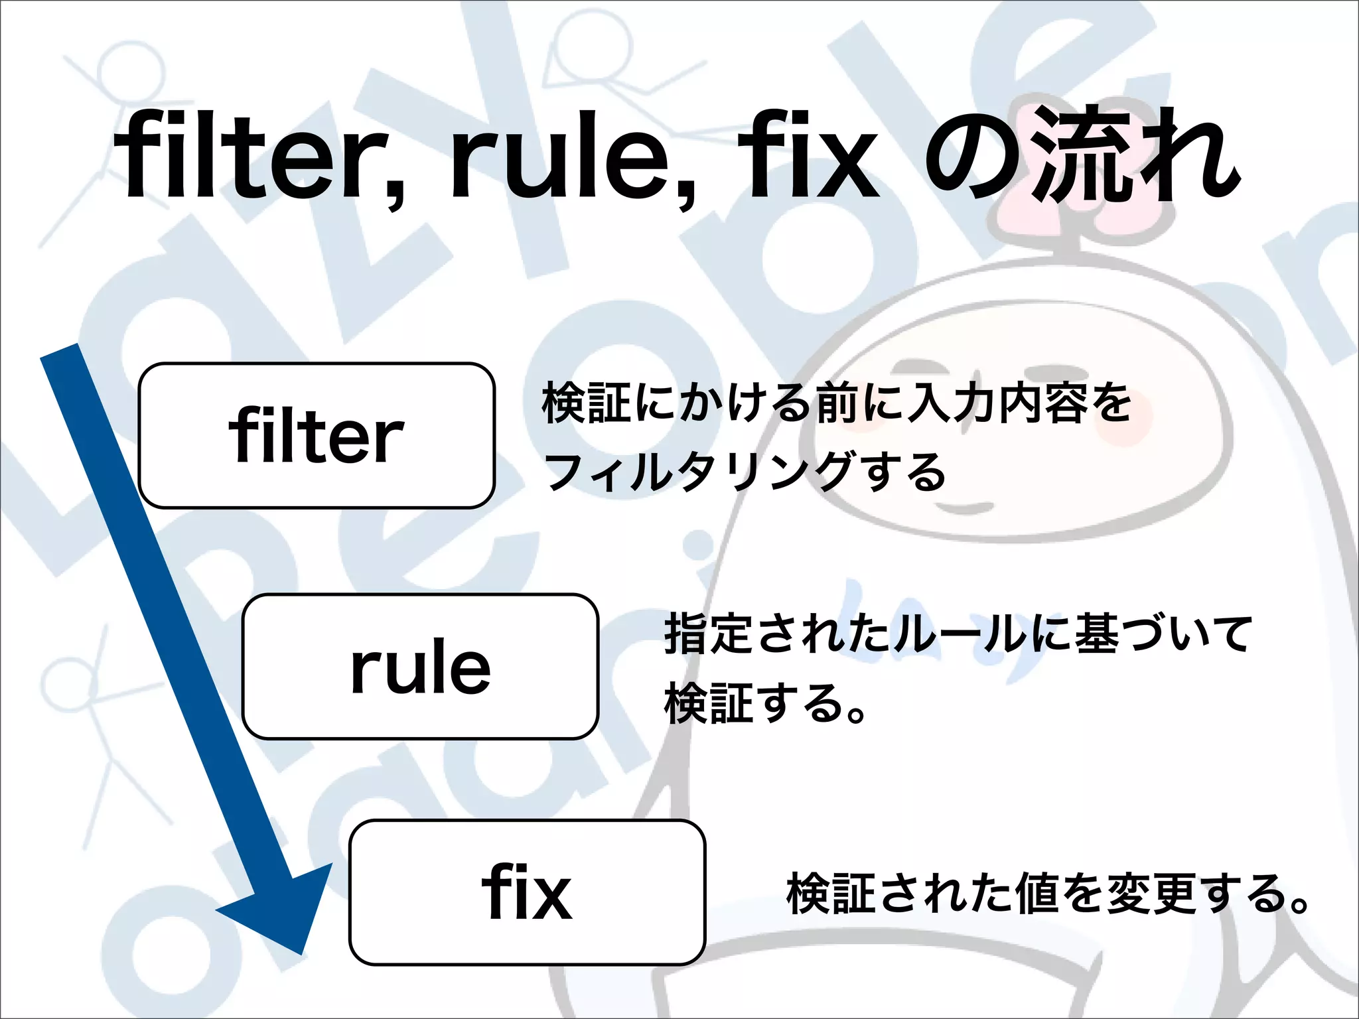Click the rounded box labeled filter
[317, 436]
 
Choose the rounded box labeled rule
[420, 666]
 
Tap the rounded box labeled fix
[526, 892]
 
